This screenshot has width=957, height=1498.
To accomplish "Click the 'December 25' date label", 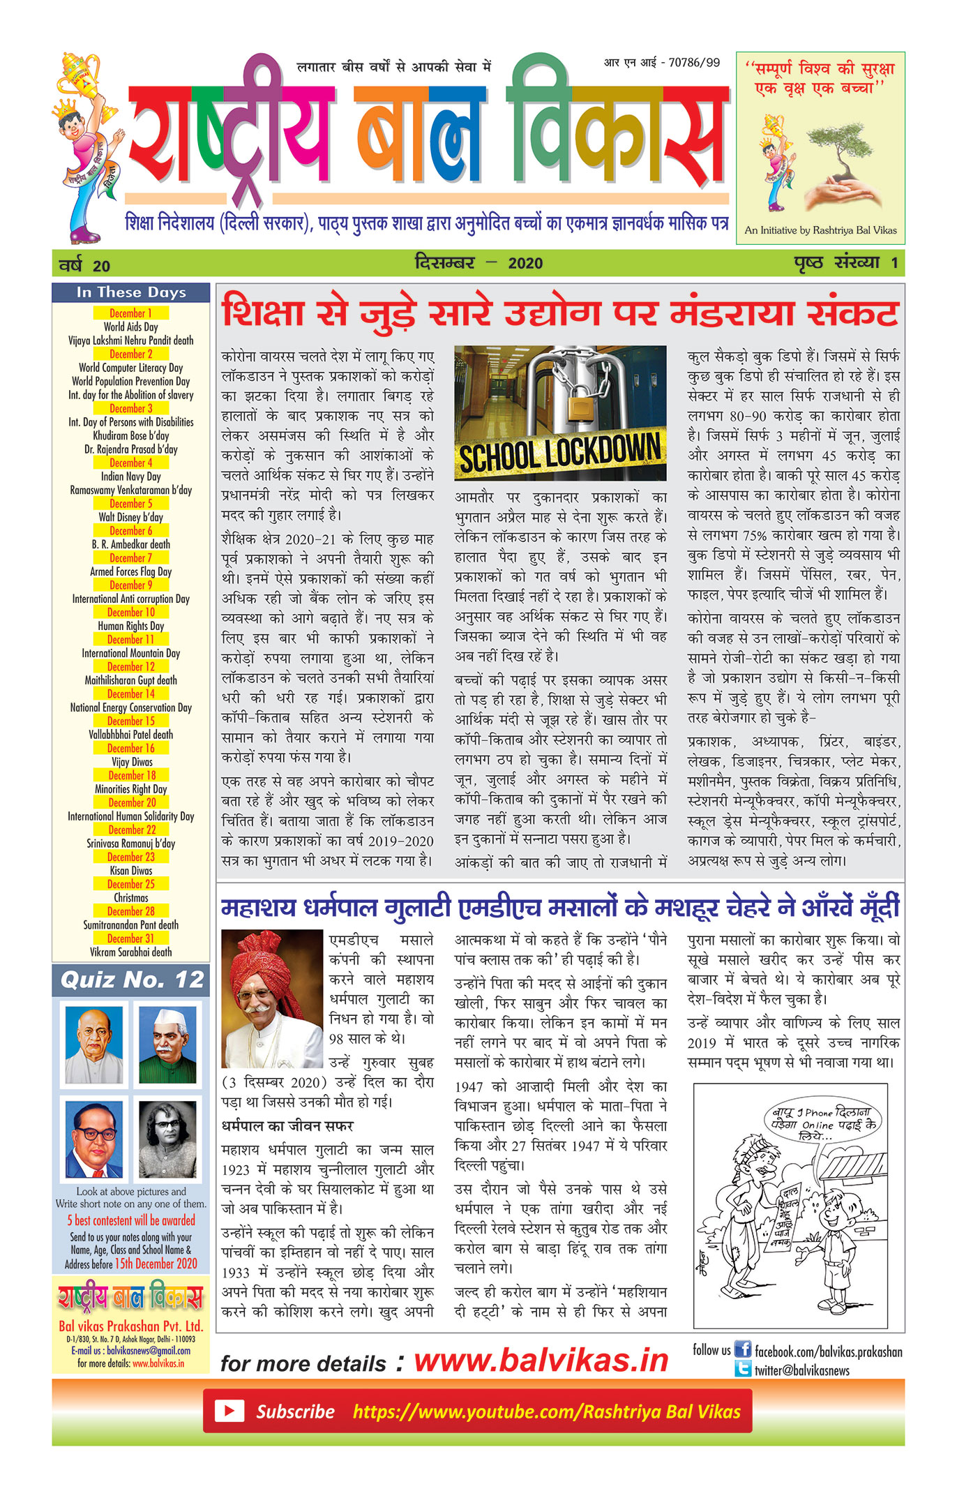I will (131, 884).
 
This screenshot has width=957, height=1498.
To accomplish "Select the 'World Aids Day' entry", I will (131, 327).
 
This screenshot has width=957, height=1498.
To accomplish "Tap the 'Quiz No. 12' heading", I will (132, 980).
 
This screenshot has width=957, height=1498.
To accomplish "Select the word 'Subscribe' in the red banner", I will (295, 1411).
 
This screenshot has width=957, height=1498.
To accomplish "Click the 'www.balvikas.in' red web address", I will (541, 1360).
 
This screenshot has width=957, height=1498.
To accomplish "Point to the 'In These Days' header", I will (131, 292).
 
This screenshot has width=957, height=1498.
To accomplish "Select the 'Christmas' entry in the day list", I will (131, 898).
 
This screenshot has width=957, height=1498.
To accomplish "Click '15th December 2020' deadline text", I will (156, 1264).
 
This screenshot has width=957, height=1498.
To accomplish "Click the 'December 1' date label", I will (131, 313).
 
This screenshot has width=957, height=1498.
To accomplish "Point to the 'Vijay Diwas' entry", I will (131, 762).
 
